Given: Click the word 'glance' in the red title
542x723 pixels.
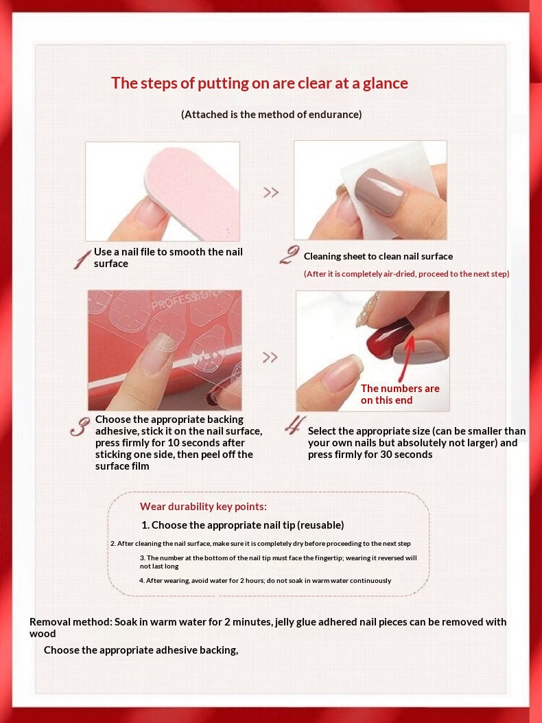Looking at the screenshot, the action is pos(386,84).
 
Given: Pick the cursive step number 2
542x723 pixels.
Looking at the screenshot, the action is pos(289,255).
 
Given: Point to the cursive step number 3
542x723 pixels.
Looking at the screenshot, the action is pos(80,428).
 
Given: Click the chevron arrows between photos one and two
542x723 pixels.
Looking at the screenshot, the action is pos(271,192).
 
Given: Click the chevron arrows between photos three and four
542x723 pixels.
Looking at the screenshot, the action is pos(270,357).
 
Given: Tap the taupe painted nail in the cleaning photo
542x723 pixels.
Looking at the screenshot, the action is pos(381,191).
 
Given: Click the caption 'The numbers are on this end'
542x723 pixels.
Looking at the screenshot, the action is pos(400,394).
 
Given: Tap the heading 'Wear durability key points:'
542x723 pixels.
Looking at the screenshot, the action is pos(203,507).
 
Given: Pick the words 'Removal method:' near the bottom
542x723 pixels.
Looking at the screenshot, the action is pos(71,621).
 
